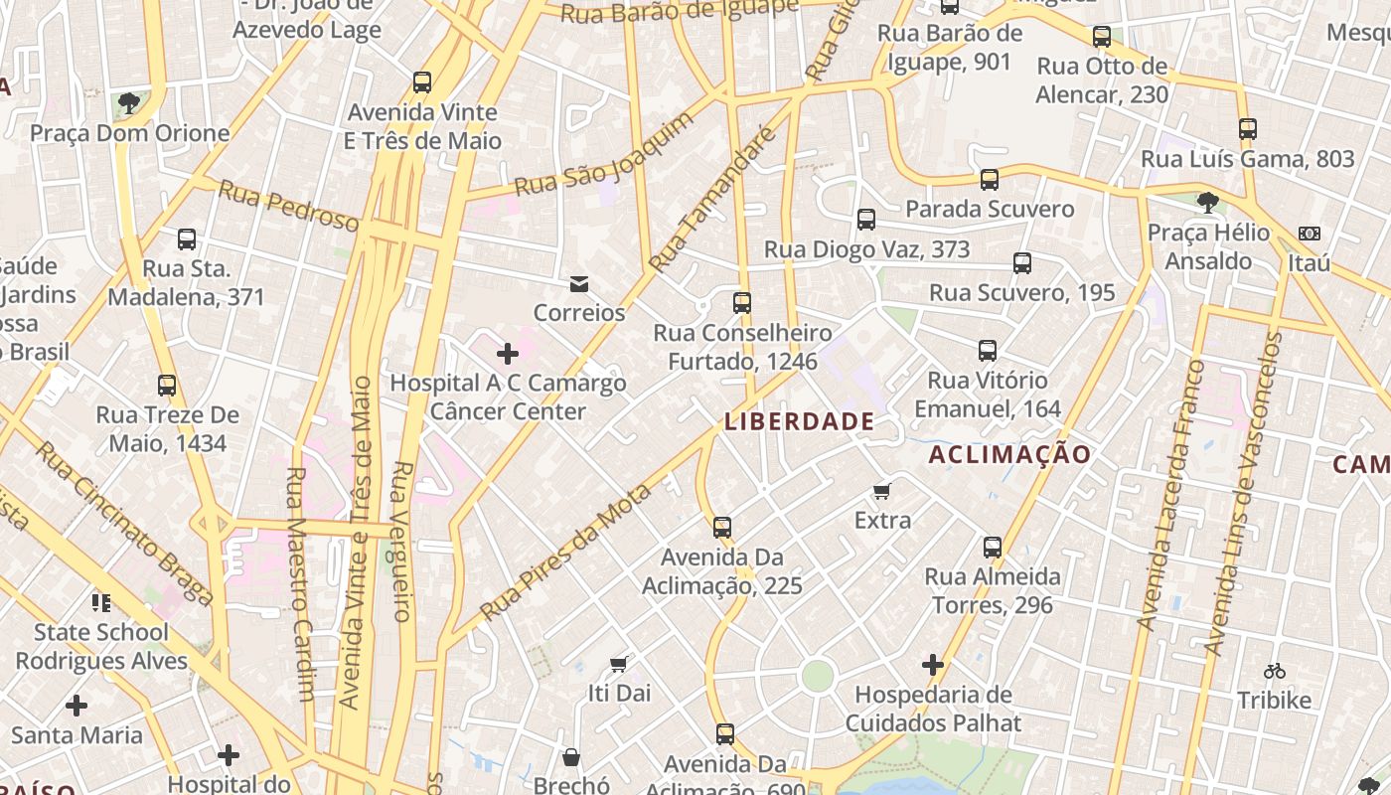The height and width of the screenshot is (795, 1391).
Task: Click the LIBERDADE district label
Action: [x=800, y=421]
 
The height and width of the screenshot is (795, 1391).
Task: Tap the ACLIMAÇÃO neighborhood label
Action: [x=1009, y=455]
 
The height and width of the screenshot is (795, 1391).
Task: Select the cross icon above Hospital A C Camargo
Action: [x=508, y=354]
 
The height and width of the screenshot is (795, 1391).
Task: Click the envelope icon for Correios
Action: [x=579, y=285]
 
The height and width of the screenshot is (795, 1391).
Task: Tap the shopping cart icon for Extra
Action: [x=881, y=491]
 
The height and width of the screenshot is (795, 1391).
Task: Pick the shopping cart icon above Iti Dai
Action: [x=619, y=664]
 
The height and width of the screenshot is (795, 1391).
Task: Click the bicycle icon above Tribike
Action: [x=1275, y=671]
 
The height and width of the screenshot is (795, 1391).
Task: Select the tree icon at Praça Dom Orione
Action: [x=128, y=102]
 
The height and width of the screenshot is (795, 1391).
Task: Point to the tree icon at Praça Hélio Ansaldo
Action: [x=1208, y=203]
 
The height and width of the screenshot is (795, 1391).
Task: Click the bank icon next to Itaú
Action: [x=1310, y=234]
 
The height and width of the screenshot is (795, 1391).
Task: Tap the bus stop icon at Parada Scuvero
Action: [x=990, y=180]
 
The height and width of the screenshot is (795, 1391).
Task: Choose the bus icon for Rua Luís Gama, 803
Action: [x=1248, y=129]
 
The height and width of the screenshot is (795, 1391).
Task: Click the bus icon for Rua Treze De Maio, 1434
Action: [x=167, y=386]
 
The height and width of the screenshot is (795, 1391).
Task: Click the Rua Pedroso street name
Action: [x=288, y=206]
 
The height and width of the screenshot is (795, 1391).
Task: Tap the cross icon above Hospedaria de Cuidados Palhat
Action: [x=933, y=665]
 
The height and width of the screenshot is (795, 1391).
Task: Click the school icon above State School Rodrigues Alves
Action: [x=100, y=602]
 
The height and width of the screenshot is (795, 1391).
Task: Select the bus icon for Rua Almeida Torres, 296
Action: [x=993, y=548]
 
